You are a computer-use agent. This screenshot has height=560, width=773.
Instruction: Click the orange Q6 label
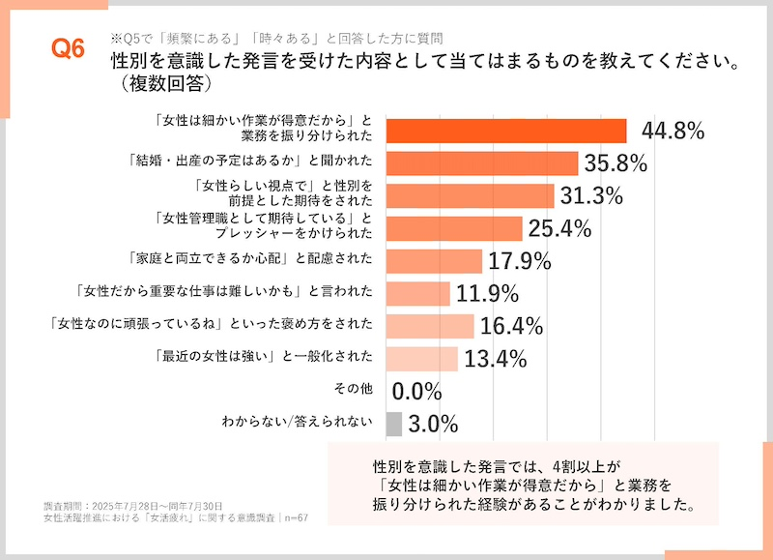[x=68, y=49]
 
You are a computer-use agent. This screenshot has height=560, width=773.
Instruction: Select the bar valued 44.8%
[x=506, y=131]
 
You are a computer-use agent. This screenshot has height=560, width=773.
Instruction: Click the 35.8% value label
[x=615, y=163]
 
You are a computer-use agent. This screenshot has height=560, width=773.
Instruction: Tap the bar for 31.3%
[x=470, y=195]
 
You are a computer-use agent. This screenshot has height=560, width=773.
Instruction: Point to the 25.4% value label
[x=558, y=228]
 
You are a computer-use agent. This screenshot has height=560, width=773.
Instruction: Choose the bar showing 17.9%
[x=434, y=261]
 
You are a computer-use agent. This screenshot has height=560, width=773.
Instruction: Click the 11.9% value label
[x=488, y=293]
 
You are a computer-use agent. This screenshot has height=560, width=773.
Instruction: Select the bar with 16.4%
[x=430, y=326]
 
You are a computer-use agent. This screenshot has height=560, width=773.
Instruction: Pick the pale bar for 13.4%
[x=421, y=359]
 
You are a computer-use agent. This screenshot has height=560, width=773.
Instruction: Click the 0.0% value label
[x=417, y=392]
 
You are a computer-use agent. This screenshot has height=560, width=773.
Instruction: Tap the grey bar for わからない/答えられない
[x=393, y=424]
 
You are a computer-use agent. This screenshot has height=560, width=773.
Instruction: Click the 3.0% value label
[x=433, y=424]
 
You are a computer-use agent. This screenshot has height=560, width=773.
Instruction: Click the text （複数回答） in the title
[x=160, y=85]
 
